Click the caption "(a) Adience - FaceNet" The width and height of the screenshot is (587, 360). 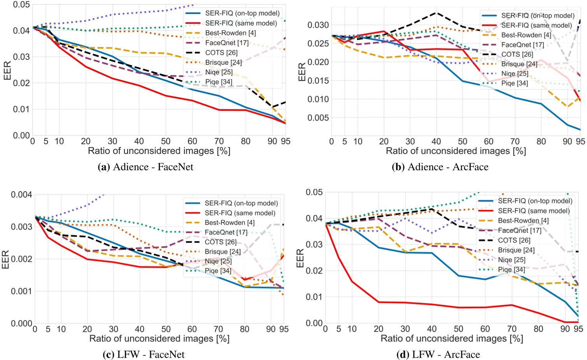(145, 167)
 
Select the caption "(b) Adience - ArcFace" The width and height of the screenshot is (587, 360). (440, 167)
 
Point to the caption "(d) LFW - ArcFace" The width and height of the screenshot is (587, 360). (438, 355)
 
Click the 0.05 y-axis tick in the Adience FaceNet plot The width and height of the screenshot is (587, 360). (21, 5)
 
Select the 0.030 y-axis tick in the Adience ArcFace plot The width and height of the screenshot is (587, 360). (318, 25)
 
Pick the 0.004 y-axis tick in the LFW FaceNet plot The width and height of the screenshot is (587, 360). (21, 194)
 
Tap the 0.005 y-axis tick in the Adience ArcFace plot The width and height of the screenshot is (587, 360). (318, 118)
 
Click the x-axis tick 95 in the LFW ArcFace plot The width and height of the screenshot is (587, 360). (578, 329)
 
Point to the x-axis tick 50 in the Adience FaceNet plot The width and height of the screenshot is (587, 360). (166, 142)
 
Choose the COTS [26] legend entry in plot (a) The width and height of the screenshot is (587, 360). (221, 52)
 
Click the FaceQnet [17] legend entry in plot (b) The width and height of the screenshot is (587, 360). (522, 45)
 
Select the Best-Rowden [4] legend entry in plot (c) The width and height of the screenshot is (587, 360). (230, 222)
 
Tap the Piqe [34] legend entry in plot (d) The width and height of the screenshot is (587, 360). (511, 269)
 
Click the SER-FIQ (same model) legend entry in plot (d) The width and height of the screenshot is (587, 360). (534, 211)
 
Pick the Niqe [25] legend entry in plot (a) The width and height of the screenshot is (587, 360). (219, 72)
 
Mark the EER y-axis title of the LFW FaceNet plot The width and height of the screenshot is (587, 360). (5, 259)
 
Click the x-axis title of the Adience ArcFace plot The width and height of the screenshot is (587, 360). (456, 151)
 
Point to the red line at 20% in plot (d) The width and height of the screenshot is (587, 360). (378, 302)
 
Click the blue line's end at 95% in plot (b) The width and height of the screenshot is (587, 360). (580, 129)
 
